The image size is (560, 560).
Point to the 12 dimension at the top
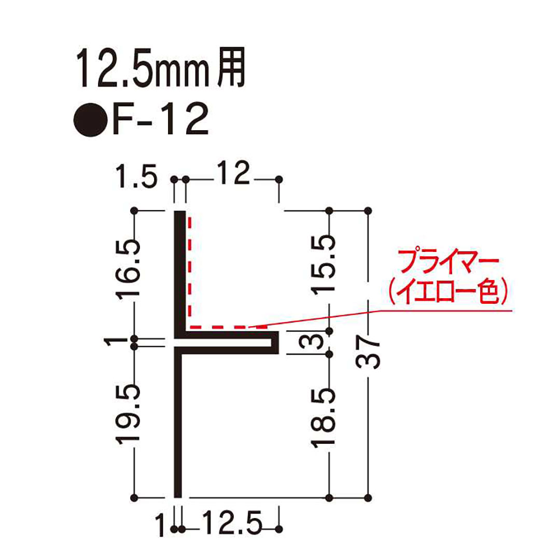point(232,177)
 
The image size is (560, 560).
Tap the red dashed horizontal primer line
point(228,327)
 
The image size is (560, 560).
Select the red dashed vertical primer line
point(190,270)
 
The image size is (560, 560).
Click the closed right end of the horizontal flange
point(276,343)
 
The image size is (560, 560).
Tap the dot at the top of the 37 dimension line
point(368,211)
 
